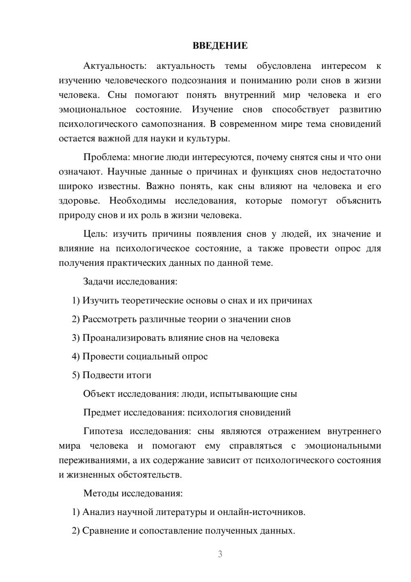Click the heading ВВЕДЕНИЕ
tap(220, 46)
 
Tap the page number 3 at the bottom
tap(220, 554)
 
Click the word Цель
tap(95, 234)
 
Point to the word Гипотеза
tap(103, 431)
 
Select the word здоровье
tap(79, 201)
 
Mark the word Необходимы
tap(137, 201)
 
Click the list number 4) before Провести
tap(76, 356)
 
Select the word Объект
tap(99, 394)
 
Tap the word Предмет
tap(102, 412)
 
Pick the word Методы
tap(99, 494)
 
